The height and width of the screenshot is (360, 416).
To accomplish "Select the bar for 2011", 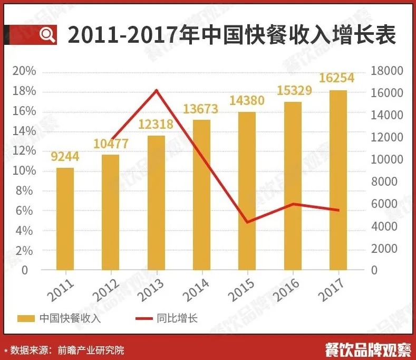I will click(65, 219).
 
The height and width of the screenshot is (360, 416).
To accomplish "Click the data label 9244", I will click(65, 157).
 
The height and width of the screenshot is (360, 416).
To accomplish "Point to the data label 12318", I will click(156, 125).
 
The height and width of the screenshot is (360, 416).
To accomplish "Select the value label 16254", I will click(337, 78).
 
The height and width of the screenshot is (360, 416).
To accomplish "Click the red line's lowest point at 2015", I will click(247, 222).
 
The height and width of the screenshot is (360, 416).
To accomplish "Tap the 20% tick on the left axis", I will click(24, 71).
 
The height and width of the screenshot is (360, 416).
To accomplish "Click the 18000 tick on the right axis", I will click(387, 71).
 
